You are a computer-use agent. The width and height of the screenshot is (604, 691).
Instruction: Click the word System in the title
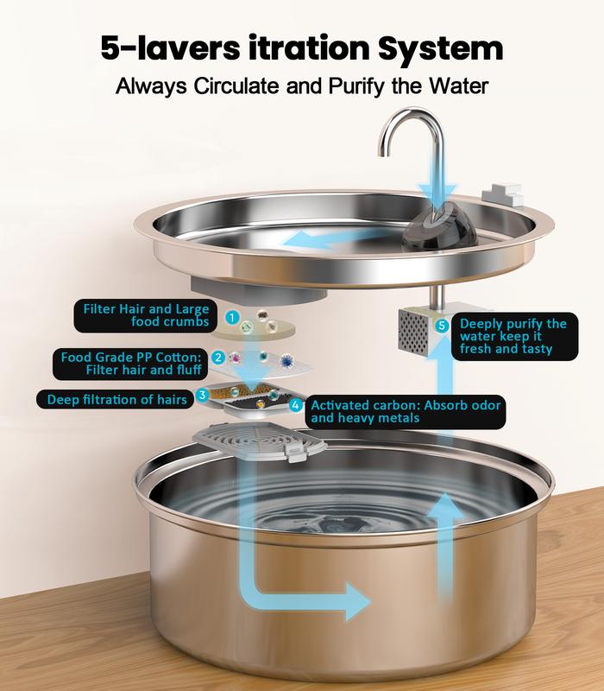[x=440, y=49]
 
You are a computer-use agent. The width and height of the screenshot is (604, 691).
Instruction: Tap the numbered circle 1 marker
[x=232, y=317]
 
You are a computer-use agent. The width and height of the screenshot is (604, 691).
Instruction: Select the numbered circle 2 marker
[x=218, y=358]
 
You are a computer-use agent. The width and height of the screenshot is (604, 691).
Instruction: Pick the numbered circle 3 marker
[x=202, y=395]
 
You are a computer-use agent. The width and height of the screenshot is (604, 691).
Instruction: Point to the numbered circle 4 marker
[x=296, y=404]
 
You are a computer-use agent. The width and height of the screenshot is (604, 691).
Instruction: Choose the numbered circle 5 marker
[x=442, y=326]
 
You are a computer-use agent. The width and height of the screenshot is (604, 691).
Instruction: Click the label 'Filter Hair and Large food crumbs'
[x=146, y=315]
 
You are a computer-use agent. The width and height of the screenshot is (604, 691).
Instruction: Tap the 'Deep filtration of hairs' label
[x=115, y=399]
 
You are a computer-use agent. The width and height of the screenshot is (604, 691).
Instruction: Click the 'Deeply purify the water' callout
[x=514, y=336]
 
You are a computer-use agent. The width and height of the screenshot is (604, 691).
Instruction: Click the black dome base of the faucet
[x=440, y=229]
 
